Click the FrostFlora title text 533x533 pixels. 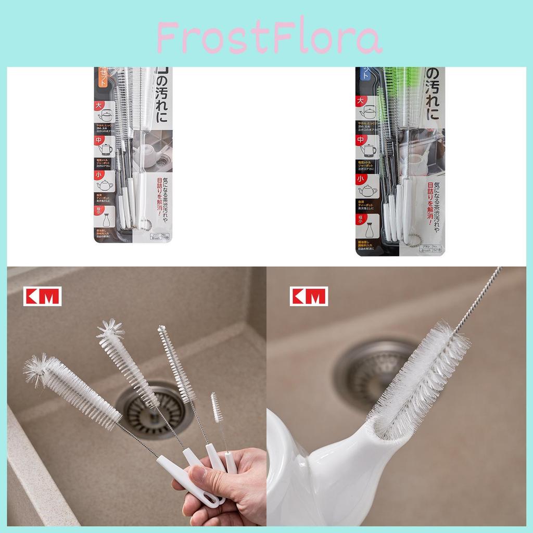(x=269, y=39)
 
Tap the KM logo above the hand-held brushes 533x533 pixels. (x=43, y=296)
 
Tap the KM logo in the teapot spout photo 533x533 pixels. (x=309, y=296)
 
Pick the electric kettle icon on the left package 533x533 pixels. (x=106, y=149)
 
